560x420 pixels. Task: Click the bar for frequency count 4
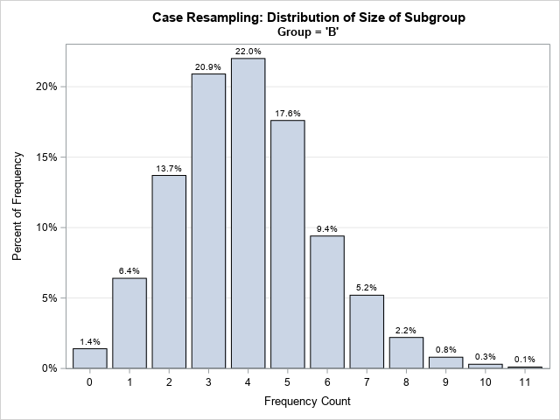click(x=248, y=213)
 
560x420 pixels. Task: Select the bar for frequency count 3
click(x=208, y=220)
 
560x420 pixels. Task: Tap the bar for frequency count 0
click(x=89, y=358)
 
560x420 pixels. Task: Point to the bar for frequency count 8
click(x=406, y=353)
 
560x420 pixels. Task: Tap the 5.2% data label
click(x=367, y=288)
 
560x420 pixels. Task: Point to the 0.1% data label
click(x=525, y=360)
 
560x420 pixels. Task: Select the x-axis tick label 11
click(x=525, y=382)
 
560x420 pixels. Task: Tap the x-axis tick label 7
click(x=367, y=382)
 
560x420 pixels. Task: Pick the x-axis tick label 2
click(x=169, y=382)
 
